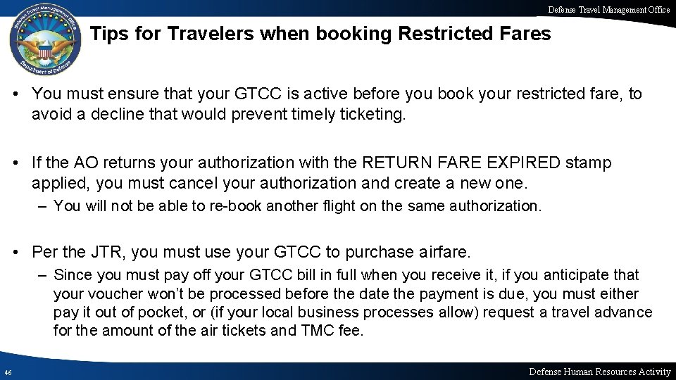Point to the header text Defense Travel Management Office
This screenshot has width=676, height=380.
click(609, 10)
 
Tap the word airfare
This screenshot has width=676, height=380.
click(444, 252)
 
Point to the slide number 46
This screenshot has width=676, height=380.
click(7, 372)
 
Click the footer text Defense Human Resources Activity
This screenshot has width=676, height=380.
click(599, 371)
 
